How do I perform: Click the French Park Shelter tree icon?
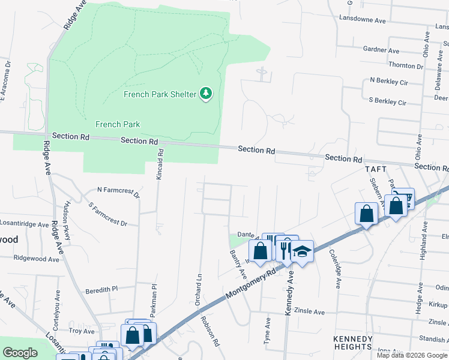206,94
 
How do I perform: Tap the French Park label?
118,125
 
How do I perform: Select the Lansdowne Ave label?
363,20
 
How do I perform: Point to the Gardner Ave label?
381,50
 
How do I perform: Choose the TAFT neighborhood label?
377,170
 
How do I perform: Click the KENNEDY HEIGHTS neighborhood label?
352,343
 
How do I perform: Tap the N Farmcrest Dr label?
118,192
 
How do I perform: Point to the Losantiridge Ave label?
24,224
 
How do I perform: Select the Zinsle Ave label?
309,312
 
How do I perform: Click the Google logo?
20,353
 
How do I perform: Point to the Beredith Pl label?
101,289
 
